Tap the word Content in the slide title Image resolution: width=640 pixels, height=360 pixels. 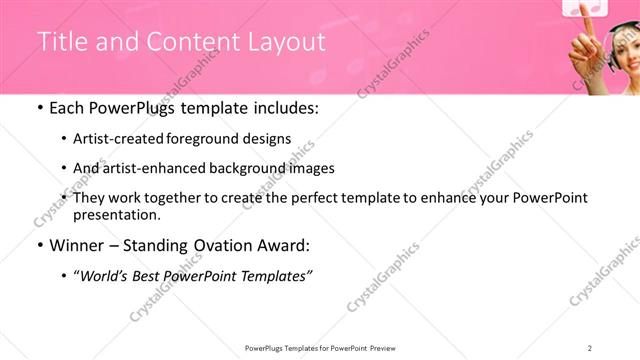coord(188,41)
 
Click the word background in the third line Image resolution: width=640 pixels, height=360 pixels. coord(246,169)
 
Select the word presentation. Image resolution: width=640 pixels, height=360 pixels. coord(116,215)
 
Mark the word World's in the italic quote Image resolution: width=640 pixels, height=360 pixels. coord(109,276)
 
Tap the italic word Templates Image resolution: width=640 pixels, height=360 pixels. coord(279,276)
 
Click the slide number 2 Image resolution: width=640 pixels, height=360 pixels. coord(590,347)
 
